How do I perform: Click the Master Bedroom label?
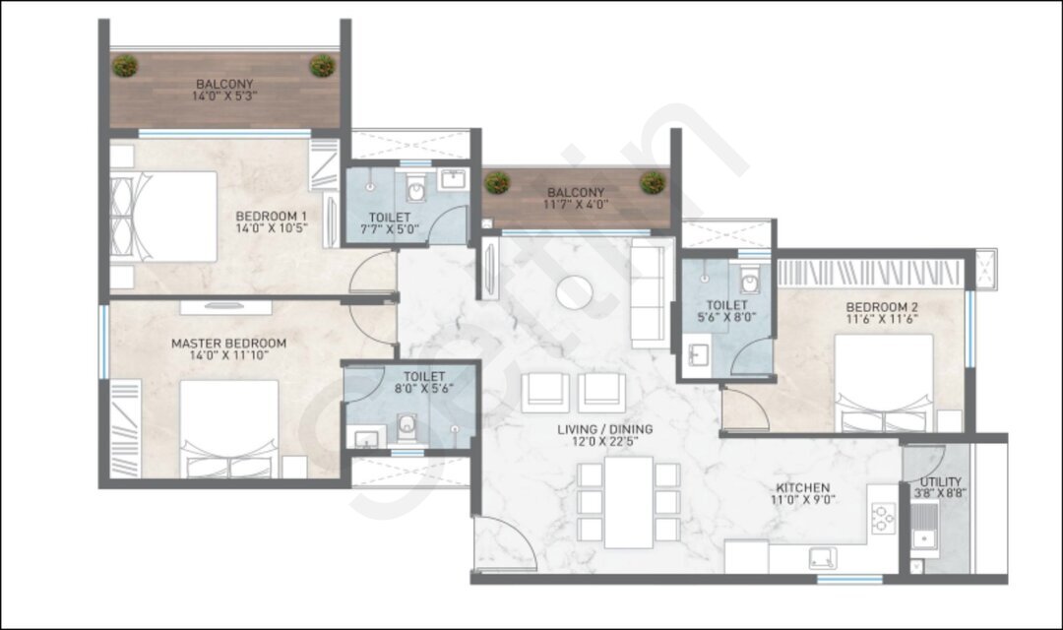[x=228, y=344]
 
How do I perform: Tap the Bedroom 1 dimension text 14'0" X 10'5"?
[x=272, y=228]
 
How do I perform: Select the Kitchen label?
[x=803, y=487]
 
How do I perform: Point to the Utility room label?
[x=940, y=482]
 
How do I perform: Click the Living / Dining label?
[x=604, y=429]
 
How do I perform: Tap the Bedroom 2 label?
[x=882, y=307]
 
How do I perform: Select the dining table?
[x=628, y=502]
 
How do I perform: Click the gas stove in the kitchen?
[x=883, y=518]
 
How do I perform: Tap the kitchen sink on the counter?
[x=822, y=558]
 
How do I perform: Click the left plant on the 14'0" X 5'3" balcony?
[x=125, y=66]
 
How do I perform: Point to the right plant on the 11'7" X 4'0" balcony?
[x=653, y=182]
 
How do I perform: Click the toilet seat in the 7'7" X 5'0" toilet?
[x=415, y=188]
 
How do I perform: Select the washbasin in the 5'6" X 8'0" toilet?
[x=698, y=354]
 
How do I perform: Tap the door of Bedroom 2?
[x=745, y=409]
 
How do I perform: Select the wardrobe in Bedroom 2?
[x=869, y=273]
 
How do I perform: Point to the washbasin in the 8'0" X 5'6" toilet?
[x=366, y=437]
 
